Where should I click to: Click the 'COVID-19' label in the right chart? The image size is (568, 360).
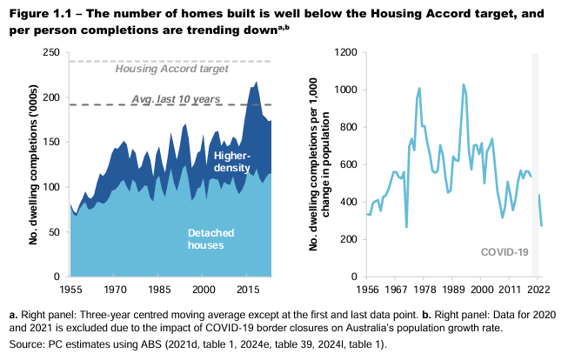505,252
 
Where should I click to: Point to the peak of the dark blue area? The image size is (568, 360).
256,83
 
